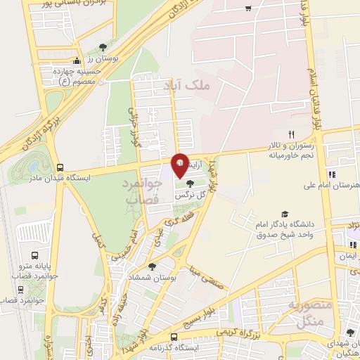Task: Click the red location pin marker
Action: click(x=180, y=165)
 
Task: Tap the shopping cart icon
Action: click(x=247, y=8)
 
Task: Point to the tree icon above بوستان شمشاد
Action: click(x=152, y=266)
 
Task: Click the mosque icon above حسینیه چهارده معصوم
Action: click(x=76, y=61)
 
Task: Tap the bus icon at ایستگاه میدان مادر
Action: click(x=60, y=168)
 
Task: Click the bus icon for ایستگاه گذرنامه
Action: click(x=173, y=337)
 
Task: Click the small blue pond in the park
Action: click(x=32, y=167)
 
